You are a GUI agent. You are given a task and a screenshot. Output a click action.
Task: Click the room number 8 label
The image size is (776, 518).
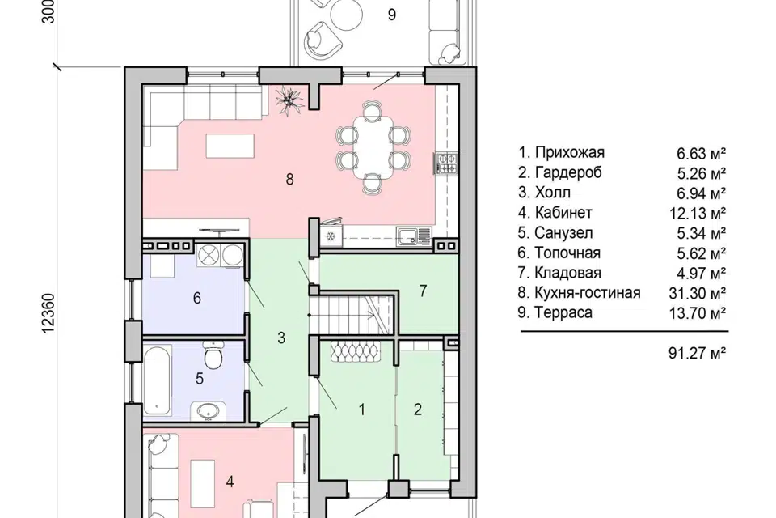point(289,179)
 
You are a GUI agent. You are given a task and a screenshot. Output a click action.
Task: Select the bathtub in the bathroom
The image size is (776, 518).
point(157,380)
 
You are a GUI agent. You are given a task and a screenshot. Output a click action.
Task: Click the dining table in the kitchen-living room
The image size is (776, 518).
point(373,150)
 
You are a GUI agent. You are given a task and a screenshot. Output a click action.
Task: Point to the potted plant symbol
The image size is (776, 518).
point(289,100)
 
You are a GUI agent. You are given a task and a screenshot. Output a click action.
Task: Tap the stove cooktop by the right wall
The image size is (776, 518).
point(446,163)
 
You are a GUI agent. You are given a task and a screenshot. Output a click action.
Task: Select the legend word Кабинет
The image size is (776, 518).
point(563,213)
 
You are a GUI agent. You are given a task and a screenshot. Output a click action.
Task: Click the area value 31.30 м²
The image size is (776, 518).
point(698,293)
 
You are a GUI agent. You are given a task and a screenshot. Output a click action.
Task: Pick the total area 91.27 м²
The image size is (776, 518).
point(698,353)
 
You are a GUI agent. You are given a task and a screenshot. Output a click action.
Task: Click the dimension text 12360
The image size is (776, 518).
point(48,313)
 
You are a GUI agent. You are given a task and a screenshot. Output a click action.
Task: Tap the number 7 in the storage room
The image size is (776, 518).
point(423,291)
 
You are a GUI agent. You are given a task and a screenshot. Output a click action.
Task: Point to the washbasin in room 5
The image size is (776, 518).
point(208,411)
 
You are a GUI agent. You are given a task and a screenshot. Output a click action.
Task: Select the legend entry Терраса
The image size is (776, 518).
point(563,312)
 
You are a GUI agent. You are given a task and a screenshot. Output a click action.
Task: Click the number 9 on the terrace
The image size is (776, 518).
point(391,15)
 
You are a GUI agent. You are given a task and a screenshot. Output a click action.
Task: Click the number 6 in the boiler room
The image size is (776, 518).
point(197,298)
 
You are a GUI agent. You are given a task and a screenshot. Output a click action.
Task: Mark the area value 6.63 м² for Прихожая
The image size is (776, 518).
point(702,153)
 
